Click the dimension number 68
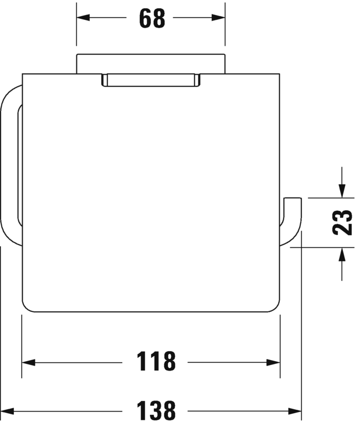[152, 18]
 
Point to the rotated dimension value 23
[344, 222]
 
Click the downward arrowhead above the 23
[342, 191]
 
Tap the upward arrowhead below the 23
[342, 254]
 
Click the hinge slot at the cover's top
[150, 80]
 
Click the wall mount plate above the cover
[150, 63]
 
